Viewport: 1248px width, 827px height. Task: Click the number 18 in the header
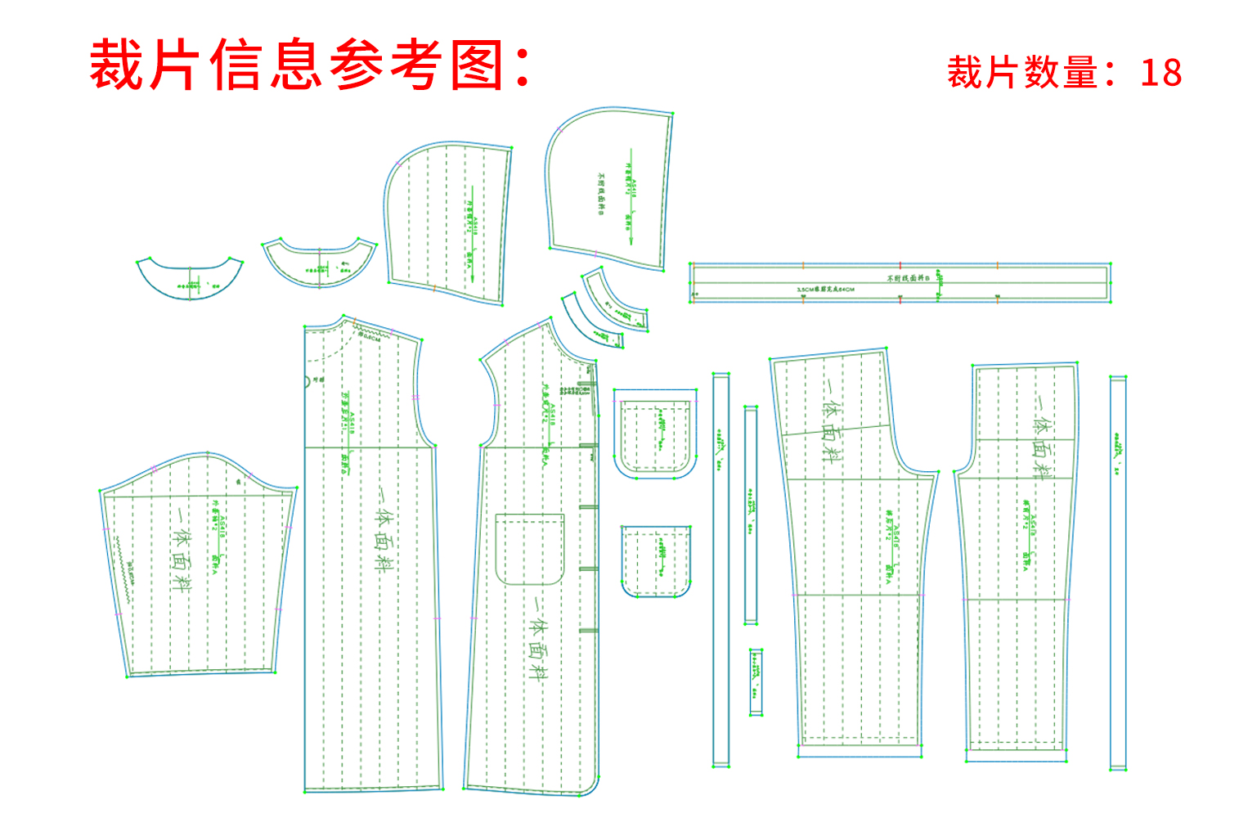[1160, 73]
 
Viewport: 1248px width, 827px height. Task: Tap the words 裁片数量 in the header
[1022, 73]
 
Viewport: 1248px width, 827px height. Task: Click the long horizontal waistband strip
[900, 283]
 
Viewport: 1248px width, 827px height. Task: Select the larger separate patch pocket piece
[656, 434]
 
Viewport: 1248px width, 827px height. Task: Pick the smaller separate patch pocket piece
[656, 561]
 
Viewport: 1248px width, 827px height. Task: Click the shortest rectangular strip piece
[756, 682]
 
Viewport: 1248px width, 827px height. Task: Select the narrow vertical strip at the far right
[1117, 573]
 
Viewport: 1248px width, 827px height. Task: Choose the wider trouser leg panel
[855, 556]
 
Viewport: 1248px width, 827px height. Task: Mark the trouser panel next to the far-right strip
[1018, 564]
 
